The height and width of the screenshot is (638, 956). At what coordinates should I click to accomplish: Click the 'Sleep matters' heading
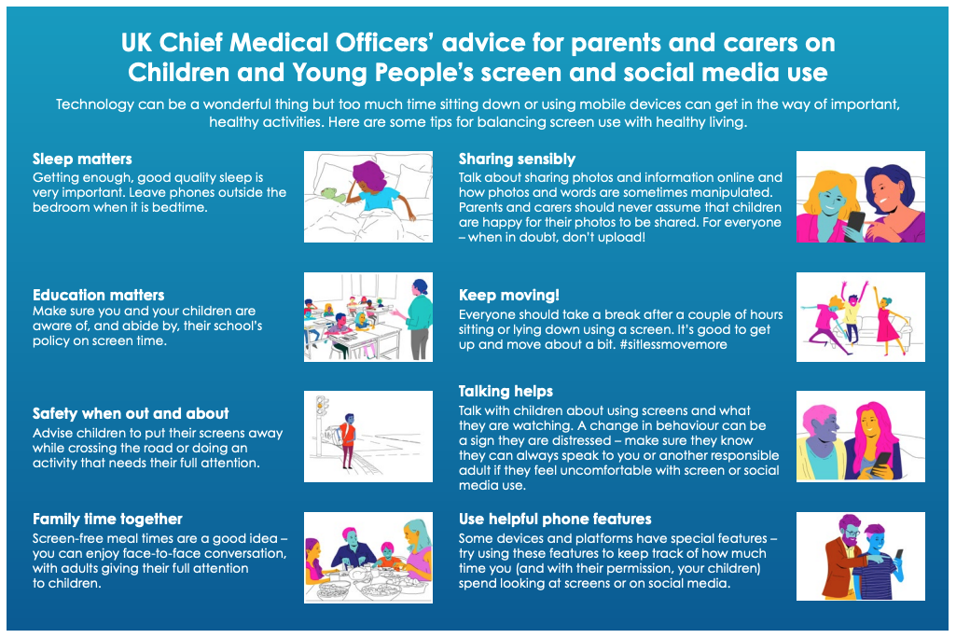[x=82, y=159]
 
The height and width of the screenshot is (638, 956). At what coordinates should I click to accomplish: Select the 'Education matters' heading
[x=98, y=295]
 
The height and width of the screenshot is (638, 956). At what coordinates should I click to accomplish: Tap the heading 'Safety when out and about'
[x=131, y=413]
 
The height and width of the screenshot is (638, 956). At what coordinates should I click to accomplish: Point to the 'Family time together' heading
[x=107, y=519]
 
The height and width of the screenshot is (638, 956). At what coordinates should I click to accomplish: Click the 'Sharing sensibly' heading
[x=517, y=159]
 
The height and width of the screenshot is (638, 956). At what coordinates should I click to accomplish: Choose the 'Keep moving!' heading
[x=508, y=296]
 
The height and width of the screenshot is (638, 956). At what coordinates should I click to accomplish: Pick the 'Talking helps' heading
[x=506, y=392]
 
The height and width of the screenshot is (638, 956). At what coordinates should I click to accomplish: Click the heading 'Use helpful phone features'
[x=555, y=519]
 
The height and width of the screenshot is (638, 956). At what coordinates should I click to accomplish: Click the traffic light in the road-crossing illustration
[x=321, y=406]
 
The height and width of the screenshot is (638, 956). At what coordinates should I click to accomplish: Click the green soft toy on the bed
[x=332, y=194]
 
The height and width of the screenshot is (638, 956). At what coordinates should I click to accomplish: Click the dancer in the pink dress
[x=886, y=320]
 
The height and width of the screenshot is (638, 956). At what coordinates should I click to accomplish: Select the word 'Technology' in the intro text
[x=94, y=104]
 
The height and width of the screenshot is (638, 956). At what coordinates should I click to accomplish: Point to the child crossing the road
[x=347, y=440]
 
